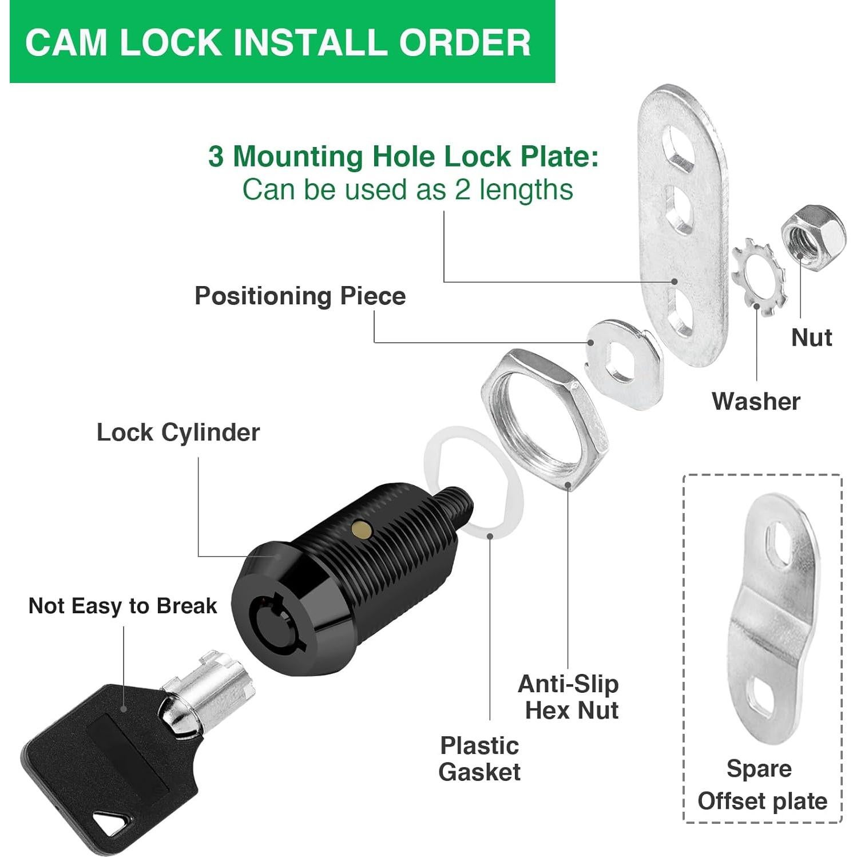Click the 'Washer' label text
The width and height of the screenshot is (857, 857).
coord(756,402)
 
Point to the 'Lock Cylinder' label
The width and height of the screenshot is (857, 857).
coord(178,433)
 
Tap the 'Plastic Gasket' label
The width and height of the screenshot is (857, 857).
coord(479,759)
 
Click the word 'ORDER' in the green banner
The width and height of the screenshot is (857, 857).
coord(465,43)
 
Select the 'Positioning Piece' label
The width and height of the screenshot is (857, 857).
coord(300,296)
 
